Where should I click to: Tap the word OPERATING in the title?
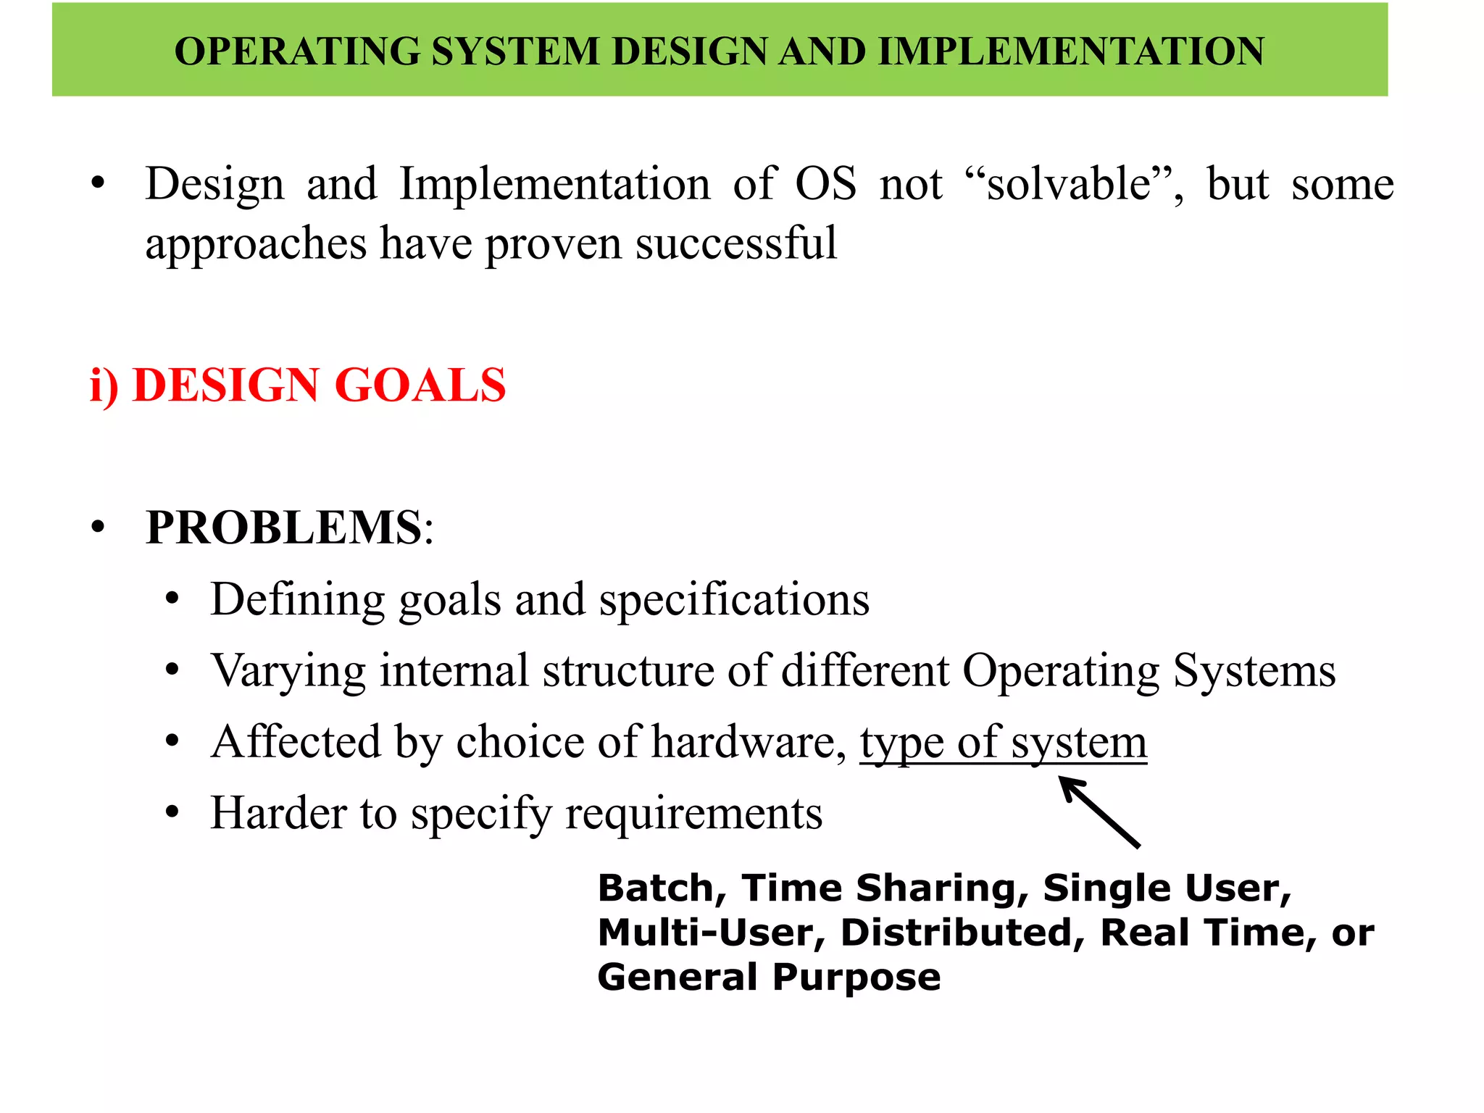click(298, 51)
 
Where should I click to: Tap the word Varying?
click(288, 672)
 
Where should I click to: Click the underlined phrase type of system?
click(1004, 743)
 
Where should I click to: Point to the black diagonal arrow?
click(1100, 812)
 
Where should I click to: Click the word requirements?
click(693, 814)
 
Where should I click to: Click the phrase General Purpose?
click(769, 977)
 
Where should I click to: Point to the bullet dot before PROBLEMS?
click(98, 528)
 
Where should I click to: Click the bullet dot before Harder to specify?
click(172, 813)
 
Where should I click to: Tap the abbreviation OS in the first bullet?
click(825, 184)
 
